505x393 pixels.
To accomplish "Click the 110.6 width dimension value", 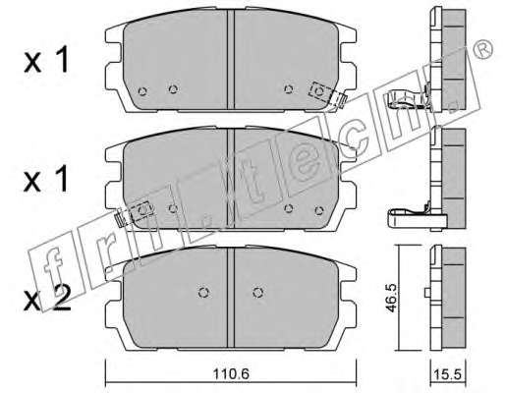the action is (231, 373).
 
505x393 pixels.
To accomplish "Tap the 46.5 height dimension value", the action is (391, 298).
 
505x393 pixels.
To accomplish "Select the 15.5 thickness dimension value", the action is (447, 374).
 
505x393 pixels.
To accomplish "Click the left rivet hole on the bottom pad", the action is (204, 293).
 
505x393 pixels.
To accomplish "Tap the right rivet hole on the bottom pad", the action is (258, 293).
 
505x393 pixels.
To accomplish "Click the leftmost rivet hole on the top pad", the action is (142, 91).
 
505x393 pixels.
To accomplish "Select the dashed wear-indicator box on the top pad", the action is (320, 91).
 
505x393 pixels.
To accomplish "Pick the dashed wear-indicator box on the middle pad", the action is (141, 210).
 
